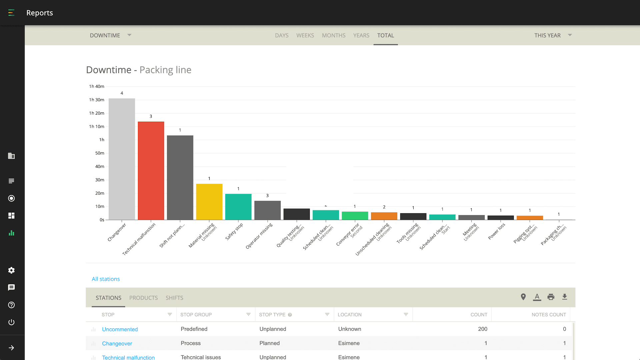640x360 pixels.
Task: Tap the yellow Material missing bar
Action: (x=209, y=202)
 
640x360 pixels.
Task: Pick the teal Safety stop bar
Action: (x=238, y=207)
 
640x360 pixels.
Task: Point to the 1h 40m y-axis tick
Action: (x=96, y=86)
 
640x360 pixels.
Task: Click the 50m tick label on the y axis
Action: (x=100, y=153)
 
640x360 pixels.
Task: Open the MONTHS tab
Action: (x=333, y=35)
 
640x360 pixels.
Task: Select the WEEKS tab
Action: (x=305, y=35)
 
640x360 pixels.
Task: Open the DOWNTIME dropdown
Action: (x=110, y=35)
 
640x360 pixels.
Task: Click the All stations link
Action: (x=106, y=279)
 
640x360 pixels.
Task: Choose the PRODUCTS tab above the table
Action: (x=143, y=298)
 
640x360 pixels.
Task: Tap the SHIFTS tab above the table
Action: (x=174, y=298)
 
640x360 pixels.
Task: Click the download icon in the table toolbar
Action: (x=564, y=297)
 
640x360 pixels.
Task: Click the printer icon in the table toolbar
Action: (x=551, y=297)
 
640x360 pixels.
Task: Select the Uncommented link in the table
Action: (x=120, y=329)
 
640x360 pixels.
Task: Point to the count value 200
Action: (x=482, y=329)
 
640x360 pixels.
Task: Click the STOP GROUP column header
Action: (x=196, y=315)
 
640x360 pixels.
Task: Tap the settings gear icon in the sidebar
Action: (x=11, y=270)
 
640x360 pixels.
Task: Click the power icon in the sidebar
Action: (x=11, y=322)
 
